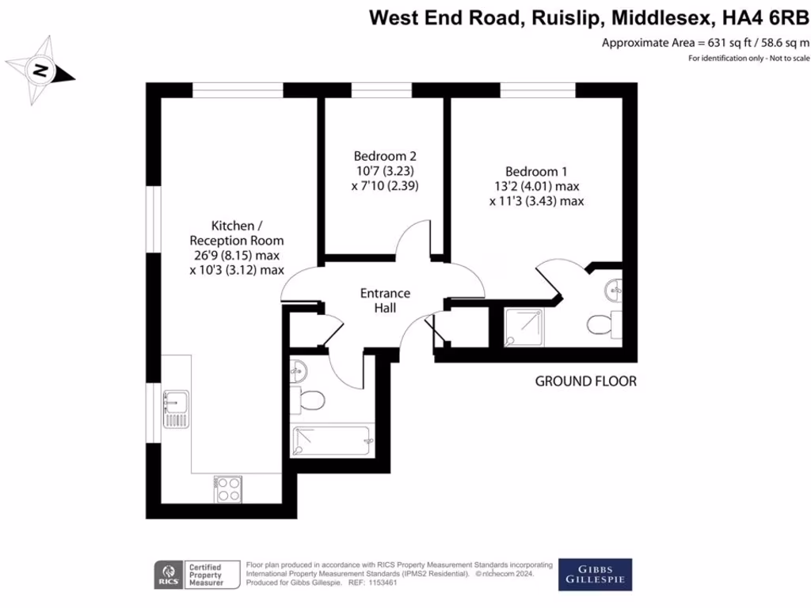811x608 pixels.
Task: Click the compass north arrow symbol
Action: pyautogui.click(x=39, y=71)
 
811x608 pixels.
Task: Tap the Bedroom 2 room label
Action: pyautogui.click(x=385, y=156)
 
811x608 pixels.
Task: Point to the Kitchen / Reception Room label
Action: pyautogui.click(x=236, y=233)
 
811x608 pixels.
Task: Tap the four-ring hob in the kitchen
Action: pyautogui.click(x=228, y=488)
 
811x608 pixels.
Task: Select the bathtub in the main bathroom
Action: pyautogui.click(x=332, y=440)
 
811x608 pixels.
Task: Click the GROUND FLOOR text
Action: pyautogui.click(x=585, y=382)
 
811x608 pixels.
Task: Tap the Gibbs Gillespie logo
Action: pyautogui.click(x=596, y=574)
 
